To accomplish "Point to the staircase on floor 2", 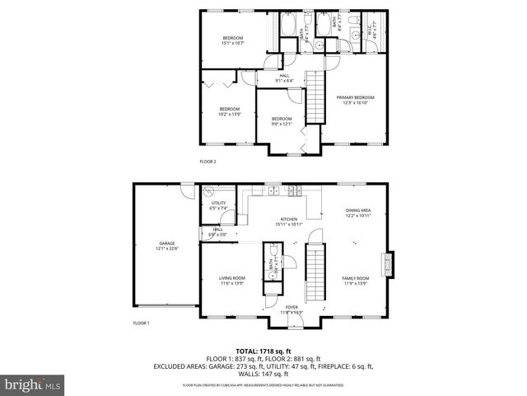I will click(316, 95).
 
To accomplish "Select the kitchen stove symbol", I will click(293, 191).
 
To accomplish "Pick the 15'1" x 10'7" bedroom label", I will click(234, 41).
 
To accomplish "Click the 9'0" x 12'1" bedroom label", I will click(282, 121).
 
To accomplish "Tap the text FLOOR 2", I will click(208, 162).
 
